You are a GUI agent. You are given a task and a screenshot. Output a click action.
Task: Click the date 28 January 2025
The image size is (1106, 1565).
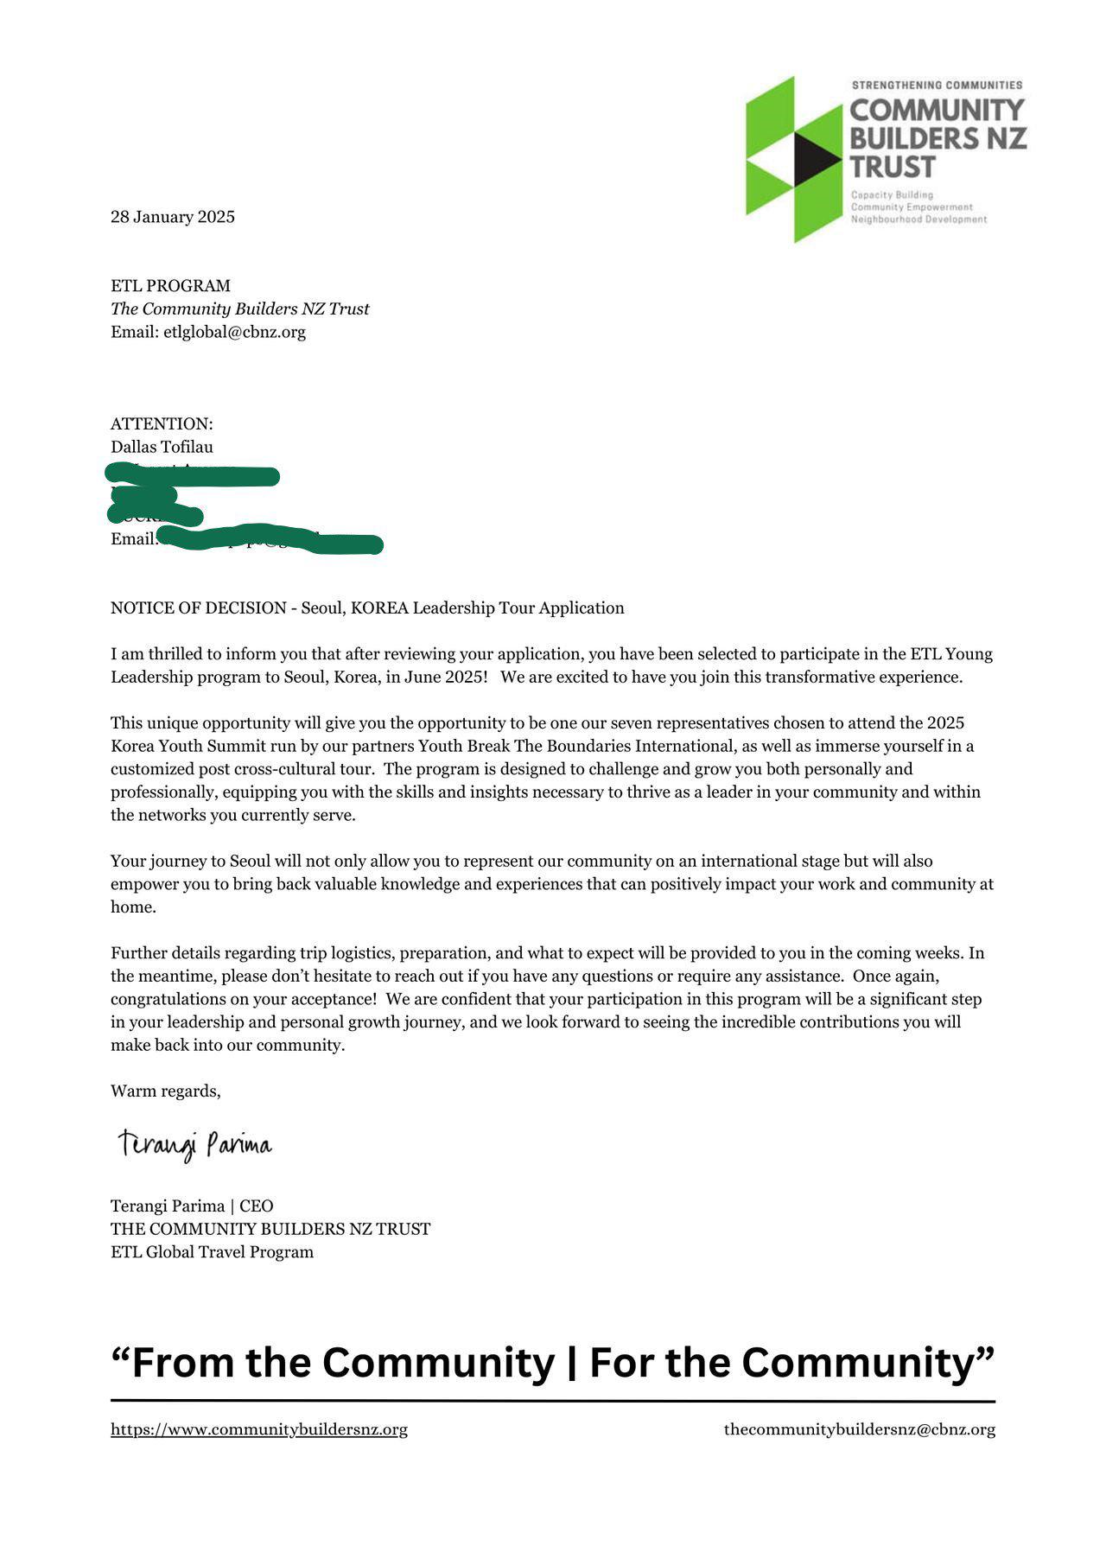pos(172,217)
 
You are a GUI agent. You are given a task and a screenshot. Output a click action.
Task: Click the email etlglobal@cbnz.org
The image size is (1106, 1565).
pos(234,332)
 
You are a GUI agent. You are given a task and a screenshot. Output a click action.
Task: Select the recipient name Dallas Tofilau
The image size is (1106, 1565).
pos(162,447)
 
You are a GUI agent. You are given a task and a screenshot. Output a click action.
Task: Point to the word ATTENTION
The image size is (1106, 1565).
pos(161,424)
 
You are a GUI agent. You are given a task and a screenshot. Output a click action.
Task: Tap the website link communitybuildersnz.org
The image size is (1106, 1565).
pos(259,1429)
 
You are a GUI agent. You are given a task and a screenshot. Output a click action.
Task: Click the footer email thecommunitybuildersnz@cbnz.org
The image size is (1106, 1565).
pos(859,1429)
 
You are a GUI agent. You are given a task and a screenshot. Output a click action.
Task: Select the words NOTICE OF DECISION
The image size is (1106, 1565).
pos(198,608)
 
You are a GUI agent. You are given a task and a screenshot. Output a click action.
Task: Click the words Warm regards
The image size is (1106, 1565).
pos(165,1091)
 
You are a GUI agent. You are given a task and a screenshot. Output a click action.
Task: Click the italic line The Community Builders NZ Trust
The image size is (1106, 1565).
pos(239,309)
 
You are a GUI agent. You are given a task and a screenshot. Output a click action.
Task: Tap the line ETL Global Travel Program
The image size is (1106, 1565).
pos(212,1252)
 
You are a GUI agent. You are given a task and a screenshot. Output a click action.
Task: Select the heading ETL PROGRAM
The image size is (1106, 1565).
pos(170,286)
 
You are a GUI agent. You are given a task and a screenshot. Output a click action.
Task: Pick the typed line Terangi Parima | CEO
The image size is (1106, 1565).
pos(192,1206)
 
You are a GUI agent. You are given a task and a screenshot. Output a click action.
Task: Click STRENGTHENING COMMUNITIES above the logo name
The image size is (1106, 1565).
pos(937,86)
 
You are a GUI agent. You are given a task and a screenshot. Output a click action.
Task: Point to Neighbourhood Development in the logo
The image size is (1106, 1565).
pos(918,219)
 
